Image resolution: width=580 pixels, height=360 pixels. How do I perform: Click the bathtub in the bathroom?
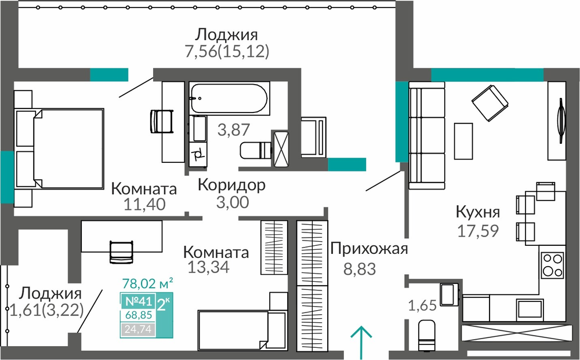click(x=229, y=97)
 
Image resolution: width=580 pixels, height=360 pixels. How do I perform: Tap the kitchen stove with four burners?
click(x=553, y=265)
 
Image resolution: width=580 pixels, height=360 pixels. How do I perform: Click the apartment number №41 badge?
click(x=139, y=301)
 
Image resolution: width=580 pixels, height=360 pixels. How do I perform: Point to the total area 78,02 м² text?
click(x=147, y=283)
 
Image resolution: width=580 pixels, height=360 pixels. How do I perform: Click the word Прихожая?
click(x=369, y=249)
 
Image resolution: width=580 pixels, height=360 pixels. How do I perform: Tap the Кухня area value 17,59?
click(x=478, y=231)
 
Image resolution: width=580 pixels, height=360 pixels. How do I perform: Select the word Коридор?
click(x=231, y=185)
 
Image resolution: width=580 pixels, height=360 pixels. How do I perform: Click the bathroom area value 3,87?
click(x=233, y=130)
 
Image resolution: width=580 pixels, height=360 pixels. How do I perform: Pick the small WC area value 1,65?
click(x=422, y=306)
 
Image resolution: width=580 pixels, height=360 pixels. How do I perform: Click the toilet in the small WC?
click(x=426, y=335)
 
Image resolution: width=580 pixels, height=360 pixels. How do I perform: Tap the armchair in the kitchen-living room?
click(x=490, y=103)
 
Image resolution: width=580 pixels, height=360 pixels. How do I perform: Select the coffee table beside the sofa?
click(x=463, y=136)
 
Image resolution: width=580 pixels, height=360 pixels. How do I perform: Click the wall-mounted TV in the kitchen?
click(x=561, y=121)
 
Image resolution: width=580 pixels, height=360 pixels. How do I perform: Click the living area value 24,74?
click(x=138, y=329)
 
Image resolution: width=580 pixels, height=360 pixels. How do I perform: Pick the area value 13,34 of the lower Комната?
click(x=208, y=267)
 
